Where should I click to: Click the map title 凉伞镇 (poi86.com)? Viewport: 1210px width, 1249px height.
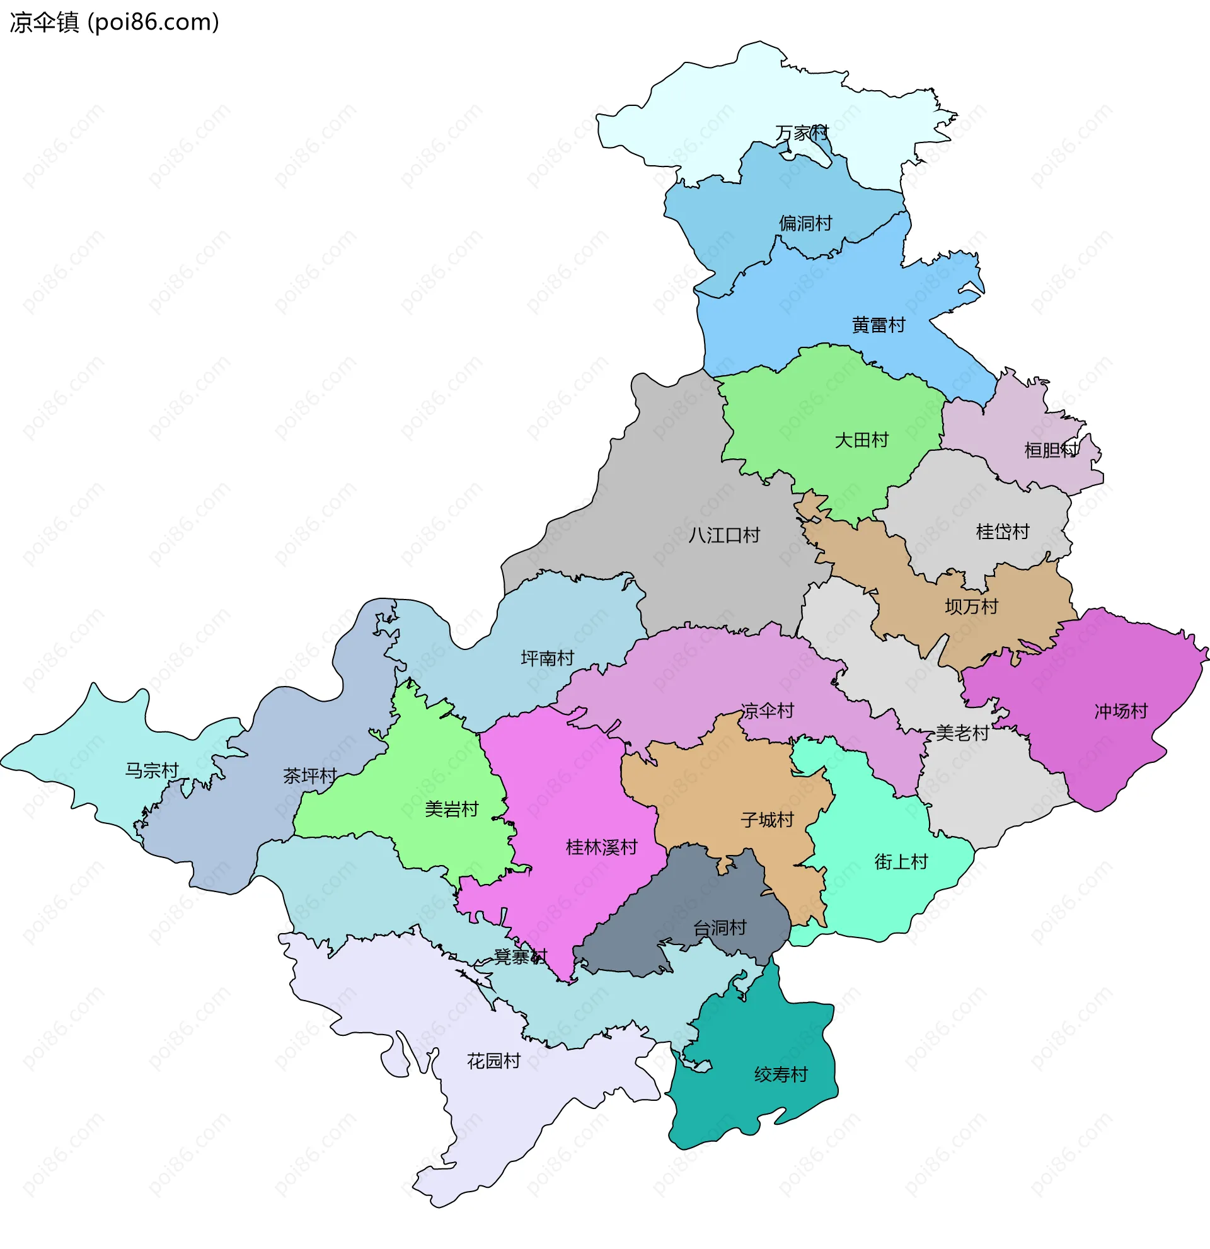pyautogui.click(x=115, y=22)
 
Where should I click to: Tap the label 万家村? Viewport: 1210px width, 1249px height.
pyautogui.click(x=802, y=132)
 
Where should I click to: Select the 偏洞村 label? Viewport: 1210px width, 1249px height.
pyautogui.click(x=805, y=223)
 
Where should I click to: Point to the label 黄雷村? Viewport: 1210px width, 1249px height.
pyautogui.click(x=879, y=325)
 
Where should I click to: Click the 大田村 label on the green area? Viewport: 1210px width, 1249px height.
pyautogui.click(x=861, y=440)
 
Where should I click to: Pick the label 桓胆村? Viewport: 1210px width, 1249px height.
pyautogui.click(x=1051, y=451)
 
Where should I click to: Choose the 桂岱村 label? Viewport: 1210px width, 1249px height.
pyautogui.click(x=1003, y=532)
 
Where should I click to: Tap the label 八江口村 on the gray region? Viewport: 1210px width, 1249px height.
pyautogui.click(x=724, y=535)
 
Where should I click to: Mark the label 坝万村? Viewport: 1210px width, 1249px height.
pyautogui.click(x=971, y=607)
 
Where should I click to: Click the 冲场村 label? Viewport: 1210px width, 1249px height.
pyautogui.click(x=1121, y=711)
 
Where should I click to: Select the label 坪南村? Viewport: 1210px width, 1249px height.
pyautogui.click(x=547, y=658)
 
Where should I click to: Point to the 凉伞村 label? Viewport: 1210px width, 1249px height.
pyautogui.click(x=767, y=711)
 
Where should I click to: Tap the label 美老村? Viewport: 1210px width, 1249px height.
pyautogui.click(x=962, y=733)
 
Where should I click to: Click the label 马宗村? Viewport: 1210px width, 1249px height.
pyautogui.click(x=152, y=771)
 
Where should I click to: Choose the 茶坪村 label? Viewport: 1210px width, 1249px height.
pyautogui.click(x=309, y=776)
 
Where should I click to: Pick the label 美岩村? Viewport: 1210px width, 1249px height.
pyautogui.click(x=451, y=810)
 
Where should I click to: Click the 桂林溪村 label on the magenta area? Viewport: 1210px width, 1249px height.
pyautogui.click(x=601, y=847)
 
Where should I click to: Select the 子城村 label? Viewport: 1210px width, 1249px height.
pyautogui.click(x=767, y=820)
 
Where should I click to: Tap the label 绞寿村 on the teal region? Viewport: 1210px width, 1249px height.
pyautogui.click(x=781, y=1075)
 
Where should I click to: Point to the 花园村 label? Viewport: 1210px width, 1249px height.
pyautogui.click(x=493, y=1061)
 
